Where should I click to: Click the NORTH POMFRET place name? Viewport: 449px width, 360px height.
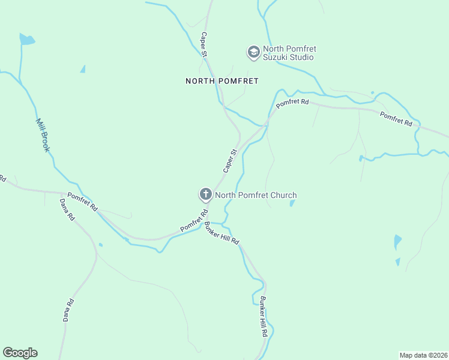[x=221, y=80]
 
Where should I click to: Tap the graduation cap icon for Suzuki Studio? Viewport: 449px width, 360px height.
[x=253, y=53]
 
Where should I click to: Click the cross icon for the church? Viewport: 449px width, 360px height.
[x=205, y=194]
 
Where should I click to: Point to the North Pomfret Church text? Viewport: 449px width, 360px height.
[x=256, y=195]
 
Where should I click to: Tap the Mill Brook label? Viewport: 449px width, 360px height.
[x=41, y=134]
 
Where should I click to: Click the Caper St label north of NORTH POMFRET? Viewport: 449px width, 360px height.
[x=204, y=45]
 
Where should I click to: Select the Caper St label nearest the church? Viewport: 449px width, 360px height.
[x=231, y=161]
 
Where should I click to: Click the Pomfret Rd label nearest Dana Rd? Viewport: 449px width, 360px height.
[x=82, y=201]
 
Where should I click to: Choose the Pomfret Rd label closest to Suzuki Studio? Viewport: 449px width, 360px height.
[x=292, y=103]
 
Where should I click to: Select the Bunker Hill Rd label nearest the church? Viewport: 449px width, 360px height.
[x=222, y=233]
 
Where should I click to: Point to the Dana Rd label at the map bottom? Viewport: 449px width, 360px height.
[x=68, y=310]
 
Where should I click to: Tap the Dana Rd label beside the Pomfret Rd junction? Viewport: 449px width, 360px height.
[x=66, y=208]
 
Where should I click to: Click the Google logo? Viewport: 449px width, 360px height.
[x=20, y=353]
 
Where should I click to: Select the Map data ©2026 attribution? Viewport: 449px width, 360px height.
[x=423, y=355]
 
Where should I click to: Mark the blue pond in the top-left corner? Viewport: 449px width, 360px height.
[x=26, y=40]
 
